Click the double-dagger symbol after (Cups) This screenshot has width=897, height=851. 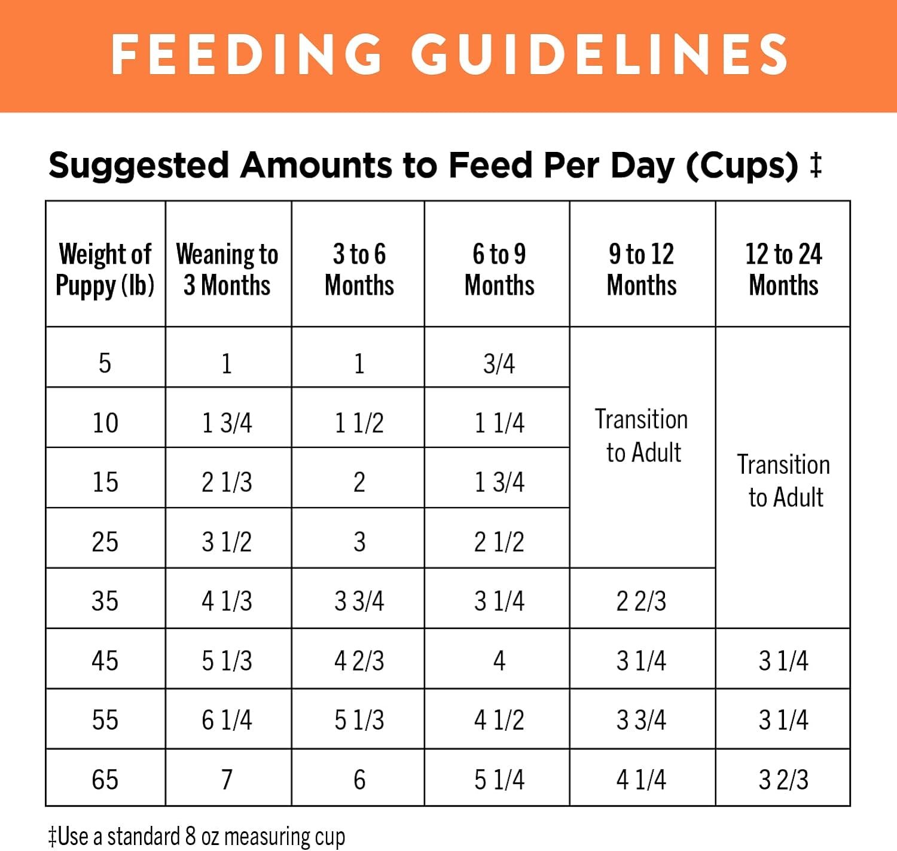click(x=816, y=164)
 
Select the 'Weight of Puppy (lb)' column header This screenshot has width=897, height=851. click(x=105, y=269)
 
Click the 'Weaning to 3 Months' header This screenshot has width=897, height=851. click(x=227, y=269)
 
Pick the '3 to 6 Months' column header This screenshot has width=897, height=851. click(x=359, y=269)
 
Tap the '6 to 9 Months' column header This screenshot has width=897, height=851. click(x=499, y=269)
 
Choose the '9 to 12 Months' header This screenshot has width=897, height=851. click(x=642, y=269)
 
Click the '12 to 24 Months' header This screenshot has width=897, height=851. click(x=783, y=269)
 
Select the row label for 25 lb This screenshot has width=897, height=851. click(x=105, y=542)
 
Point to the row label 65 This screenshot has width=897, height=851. click(x=105, y=780)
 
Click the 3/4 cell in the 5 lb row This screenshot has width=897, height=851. click(x=499, y=364)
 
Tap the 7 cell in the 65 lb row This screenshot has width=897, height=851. click(x=227, y=780)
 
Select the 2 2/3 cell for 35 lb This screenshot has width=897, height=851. click(x=642, y=601)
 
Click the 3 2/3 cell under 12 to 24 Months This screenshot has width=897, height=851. click(x=783, y=780)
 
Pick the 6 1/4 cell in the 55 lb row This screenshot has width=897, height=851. click(x=227, y=720)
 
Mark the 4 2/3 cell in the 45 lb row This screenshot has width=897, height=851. click(x=359, y=661)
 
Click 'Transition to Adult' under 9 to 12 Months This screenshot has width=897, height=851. click(x=642, y=436)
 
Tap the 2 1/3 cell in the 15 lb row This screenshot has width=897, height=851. click(x=227, y=482)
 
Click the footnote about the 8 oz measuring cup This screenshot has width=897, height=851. click(x=197, y=836)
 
